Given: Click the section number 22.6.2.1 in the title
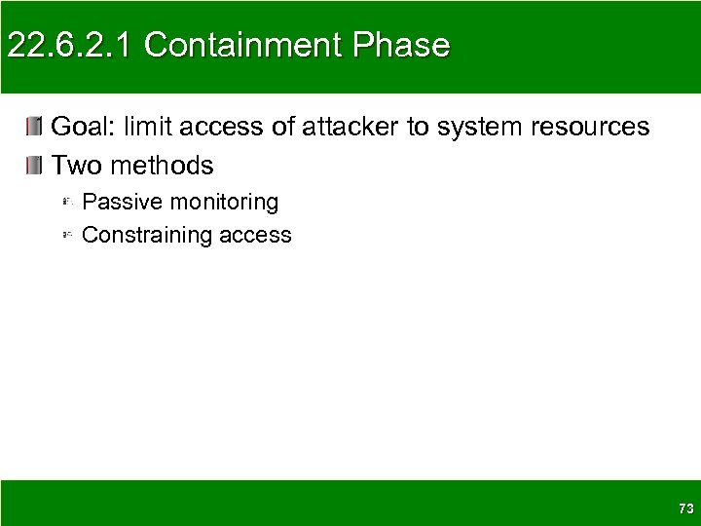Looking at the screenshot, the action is [69, 46].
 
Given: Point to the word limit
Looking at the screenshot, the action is [148, 127].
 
